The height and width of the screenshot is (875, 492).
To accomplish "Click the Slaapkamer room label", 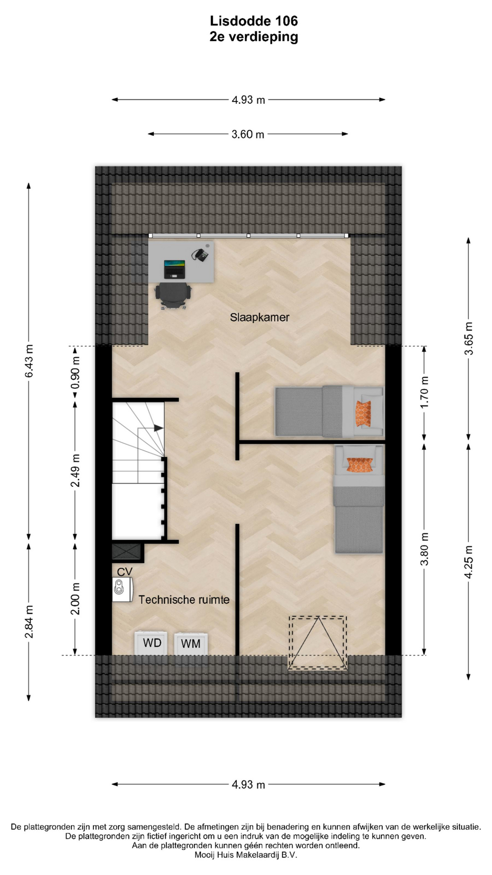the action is coord(259,318).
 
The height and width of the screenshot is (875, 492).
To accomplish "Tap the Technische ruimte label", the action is coord(184,600).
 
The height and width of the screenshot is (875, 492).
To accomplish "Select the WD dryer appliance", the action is coord(152,643).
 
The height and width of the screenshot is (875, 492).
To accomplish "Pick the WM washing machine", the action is coord(191,643).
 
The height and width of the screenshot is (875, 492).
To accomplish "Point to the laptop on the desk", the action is coord(174,269).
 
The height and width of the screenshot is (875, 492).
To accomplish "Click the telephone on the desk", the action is coord(200,254).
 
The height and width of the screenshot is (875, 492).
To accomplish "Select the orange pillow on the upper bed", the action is coord(363,414).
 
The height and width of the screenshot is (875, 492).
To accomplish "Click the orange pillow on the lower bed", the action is coord(360,465).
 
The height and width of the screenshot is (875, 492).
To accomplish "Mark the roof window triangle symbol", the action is coord(318,643).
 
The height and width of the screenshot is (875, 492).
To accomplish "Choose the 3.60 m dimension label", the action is coord(248,134).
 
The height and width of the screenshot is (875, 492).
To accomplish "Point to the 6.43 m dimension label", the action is coord(29,361).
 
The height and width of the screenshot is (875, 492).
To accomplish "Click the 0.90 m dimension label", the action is coord(75,372).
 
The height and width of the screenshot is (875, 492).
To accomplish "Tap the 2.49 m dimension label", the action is coord(75,470).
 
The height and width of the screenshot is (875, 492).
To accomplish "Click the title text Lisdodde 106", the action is coord(254,21).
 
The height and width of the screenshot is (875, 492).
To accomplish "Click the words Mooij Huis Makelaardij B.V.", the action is coord(246,855).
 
